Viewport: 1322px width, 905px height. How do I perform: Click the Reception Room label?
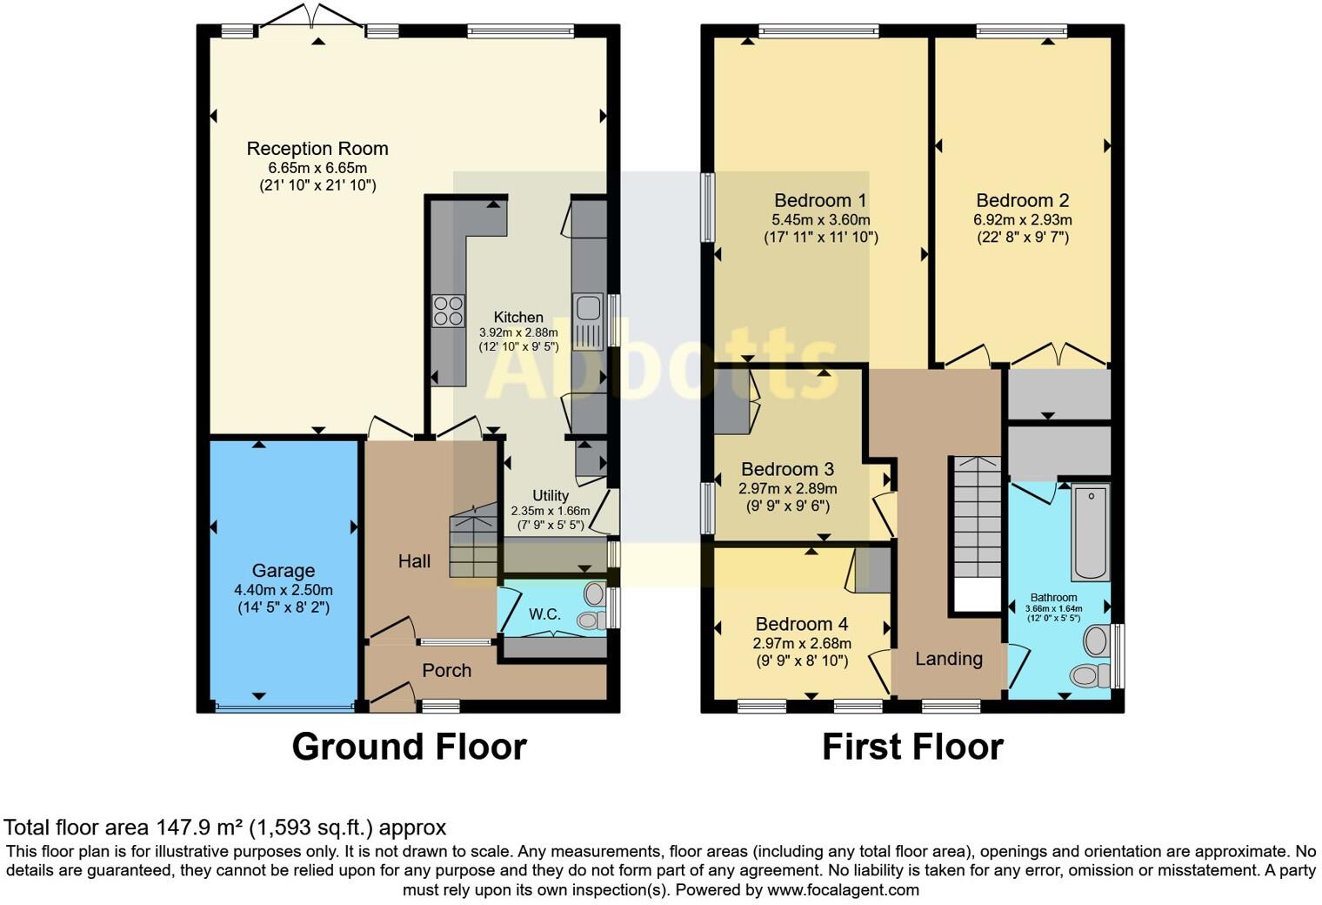click(317, 148)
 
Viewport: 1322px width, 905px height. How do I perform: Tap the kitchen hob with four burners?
click(449, 311)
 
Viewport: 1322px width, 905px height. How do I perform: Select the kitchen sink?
click(588, 322)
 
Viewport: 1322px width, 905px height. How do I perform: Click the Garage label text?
click(284, 570)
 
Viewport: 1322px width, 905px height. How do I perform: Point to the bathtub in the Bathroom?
click(1092, 532)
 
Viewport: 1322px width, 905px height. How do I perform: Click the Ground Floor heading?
click(409, 747)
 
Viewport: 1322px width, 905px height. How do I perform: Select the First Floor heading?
click(912, 747)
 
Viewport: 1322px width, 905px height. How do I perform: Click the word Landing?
click(949, 659)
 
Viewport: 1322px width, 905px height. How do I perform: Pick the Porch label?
click(447, 670)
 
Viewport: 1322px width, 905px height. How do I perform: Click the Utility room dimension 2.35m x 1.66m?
click(551, 512)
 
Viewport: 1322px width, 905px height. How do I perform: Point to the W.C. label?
click(544, 614)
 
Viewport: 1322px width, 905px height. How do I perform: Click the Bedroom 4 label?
click(802, 624)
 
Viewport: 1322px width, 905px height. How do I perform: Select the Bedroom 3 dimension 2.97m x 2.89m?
click(788, 489)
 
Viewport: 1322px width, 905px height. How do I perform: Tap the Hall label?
click(414, 561)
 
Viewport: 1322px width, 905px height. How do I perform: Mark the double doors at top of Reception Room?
click(311, 16)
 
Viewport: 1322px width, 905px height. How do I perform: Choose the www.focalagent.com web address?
click(844, 890)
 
